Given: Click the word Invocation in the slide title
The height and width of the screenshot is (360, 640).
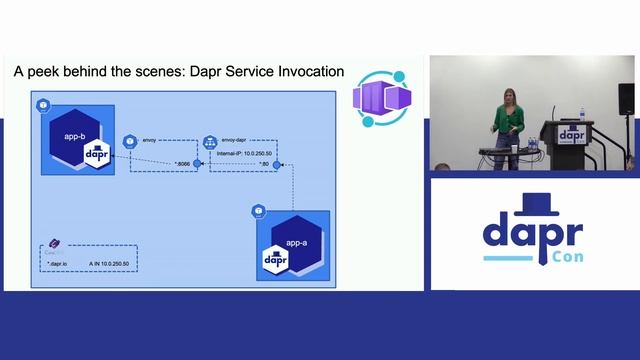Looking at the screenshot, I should pos(308,73).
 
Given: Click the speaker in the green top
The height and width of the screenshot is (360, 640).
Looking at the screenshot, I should pos(510,117).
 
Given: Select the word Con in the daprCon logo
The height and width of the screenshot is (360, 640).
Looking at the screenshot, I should pos(567,257).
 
